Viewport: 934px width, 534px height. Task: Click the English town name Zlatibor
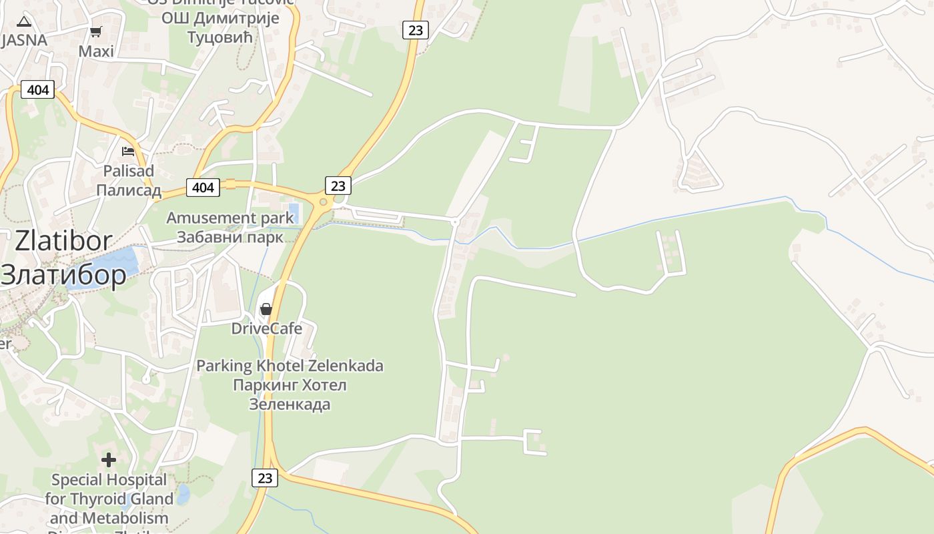(x=63, y=240)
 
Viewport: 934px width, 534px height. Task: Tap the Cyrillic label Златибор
(x=63, y=274)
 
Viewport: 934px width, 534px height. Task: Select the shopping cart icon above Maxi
(x=96, y=31)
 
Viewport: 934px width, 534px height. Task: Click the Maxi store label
(x=96, y=51)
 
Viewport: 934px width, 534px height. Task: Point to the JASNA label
(x=24, y=40)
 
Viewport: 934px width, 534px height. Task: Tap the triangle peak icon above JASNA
(x=24, y=21)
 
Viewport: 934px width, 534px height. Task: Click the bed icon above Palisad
(x=128, y=151)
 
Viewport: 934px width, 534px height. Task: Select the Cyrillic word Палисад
(x=128, y=190)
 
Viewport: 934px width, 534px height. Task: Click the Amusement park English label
(x=229, y=218)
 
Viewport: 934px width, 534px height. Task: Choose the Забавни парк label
(x=229, y=237)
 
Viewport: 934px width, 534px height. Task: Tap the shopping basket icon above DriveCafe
(x=266, y=309)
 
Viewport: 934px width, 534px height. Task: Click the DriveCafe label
(x=266, y=328)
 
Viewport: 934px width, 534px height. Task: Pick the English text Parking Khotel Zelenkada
(x=290, y=366)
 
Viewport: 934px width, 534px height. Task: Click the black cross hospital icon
(x=109, y=460)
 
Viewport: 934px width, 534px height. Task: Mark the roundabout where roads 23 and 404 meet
(x=324, y=202)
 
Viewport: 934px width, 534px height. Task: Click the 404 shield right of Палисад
(x=203, y=188)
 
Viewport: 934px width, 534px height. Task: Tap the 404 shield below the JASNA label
(x=37, y=89)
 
